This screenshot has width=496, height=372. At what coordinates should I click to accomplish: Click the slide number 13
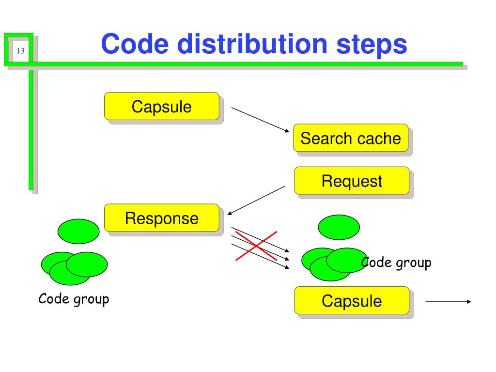(20, 51)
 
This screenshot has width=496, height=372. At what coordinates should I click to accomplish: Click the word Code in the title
(135, 44)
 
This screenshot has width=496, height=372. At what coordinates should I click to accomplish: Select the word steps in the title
(372, 45)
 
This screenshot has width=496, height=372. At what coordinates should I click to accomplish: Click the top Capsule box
(162, 106)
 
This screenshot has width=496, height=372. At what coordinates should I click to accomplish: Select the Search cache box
(351, 138)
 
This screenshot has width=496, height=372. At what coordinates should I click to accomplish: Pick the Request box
(352, 181)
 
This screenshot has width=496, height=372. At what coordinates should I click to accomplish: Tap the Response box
(162, 217)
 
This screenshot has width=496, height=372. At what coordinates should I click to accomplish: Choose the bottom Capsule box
(352, 300)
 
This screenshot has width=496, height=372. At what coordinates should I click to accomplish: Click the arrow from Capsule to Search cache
(260, 120)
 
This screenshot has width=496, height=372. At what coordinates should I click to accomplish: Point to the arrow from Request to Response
(256, 200)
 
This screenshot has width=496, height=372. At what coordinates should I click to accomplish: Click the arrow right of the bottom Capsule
(448, 302)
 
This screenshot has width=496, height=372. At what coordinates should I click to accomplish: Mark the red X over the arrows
(256, 246)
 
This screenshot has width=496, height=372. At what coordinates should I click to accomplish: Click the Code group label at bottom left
(74, 299)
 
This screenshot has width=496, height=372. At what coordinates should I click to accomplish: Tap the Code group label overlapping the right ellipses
(396, 263)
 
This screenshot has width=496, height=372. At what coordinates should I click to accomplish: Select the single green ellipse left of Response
(78, 231)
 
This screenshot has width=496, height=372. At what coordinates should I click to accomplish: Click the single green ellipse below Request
(339, 227)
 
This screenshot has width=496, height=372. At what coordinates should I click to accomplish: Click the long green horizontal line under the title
(233, 64)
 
